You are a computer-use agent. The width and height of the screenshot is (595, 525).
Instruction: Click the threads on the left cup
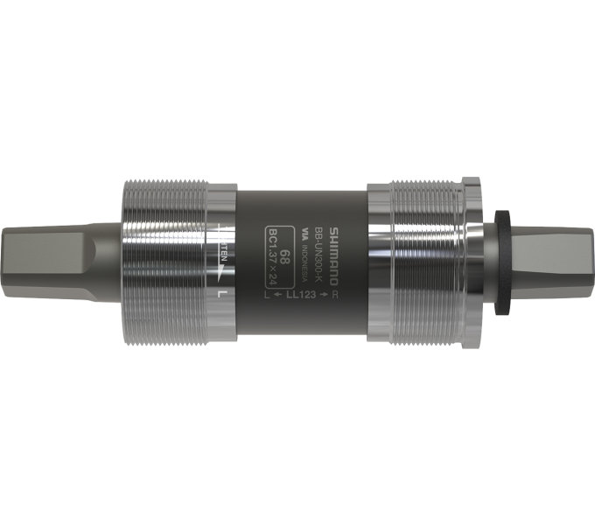pos(162,262)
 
